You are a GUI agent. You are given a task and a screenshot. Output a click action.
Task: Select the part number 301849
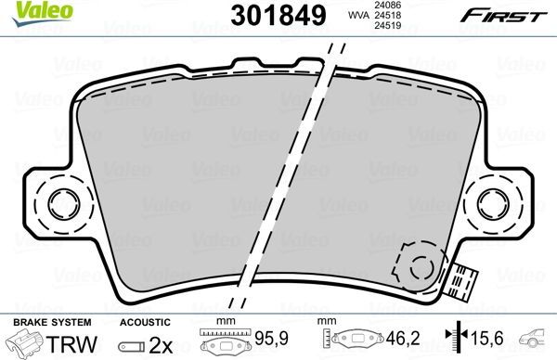click(268, 16)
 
